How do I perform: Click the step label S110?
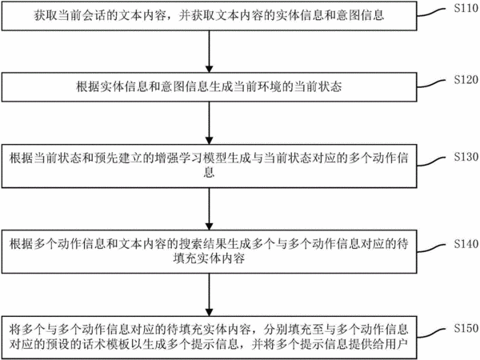(x=466, y=8)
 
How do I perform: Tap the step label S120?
(x=466, y=79)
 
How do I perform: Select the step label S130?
(x=466, y=157)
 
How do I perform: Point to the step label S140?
(x=466, y=244)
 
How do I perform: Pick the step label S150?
(x=466, y=328)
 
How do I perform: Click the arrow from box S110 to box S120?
(x=209, y=51)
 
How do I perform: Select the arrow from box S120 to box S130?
(x=209, y=122)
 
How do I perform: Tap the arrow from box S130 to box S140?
(x=209, y=209)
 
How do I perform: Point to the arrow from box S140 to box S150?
(x=209, y=294)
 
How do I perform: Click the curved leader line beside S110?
(x=431, y=13)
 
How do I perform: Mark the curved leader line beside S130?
(x=431, y=162)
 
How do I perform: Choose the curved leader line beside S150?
(x=431, y=333)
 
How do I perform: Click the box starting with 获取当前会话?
(x=209, y=16)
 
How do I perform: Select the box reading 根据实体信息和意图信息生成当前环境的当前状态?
(x=209, y=87)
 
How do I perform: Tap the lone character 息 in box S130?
(x=209, y=172)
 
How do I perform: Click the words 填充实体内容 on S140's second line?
(x=209, y=258)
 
